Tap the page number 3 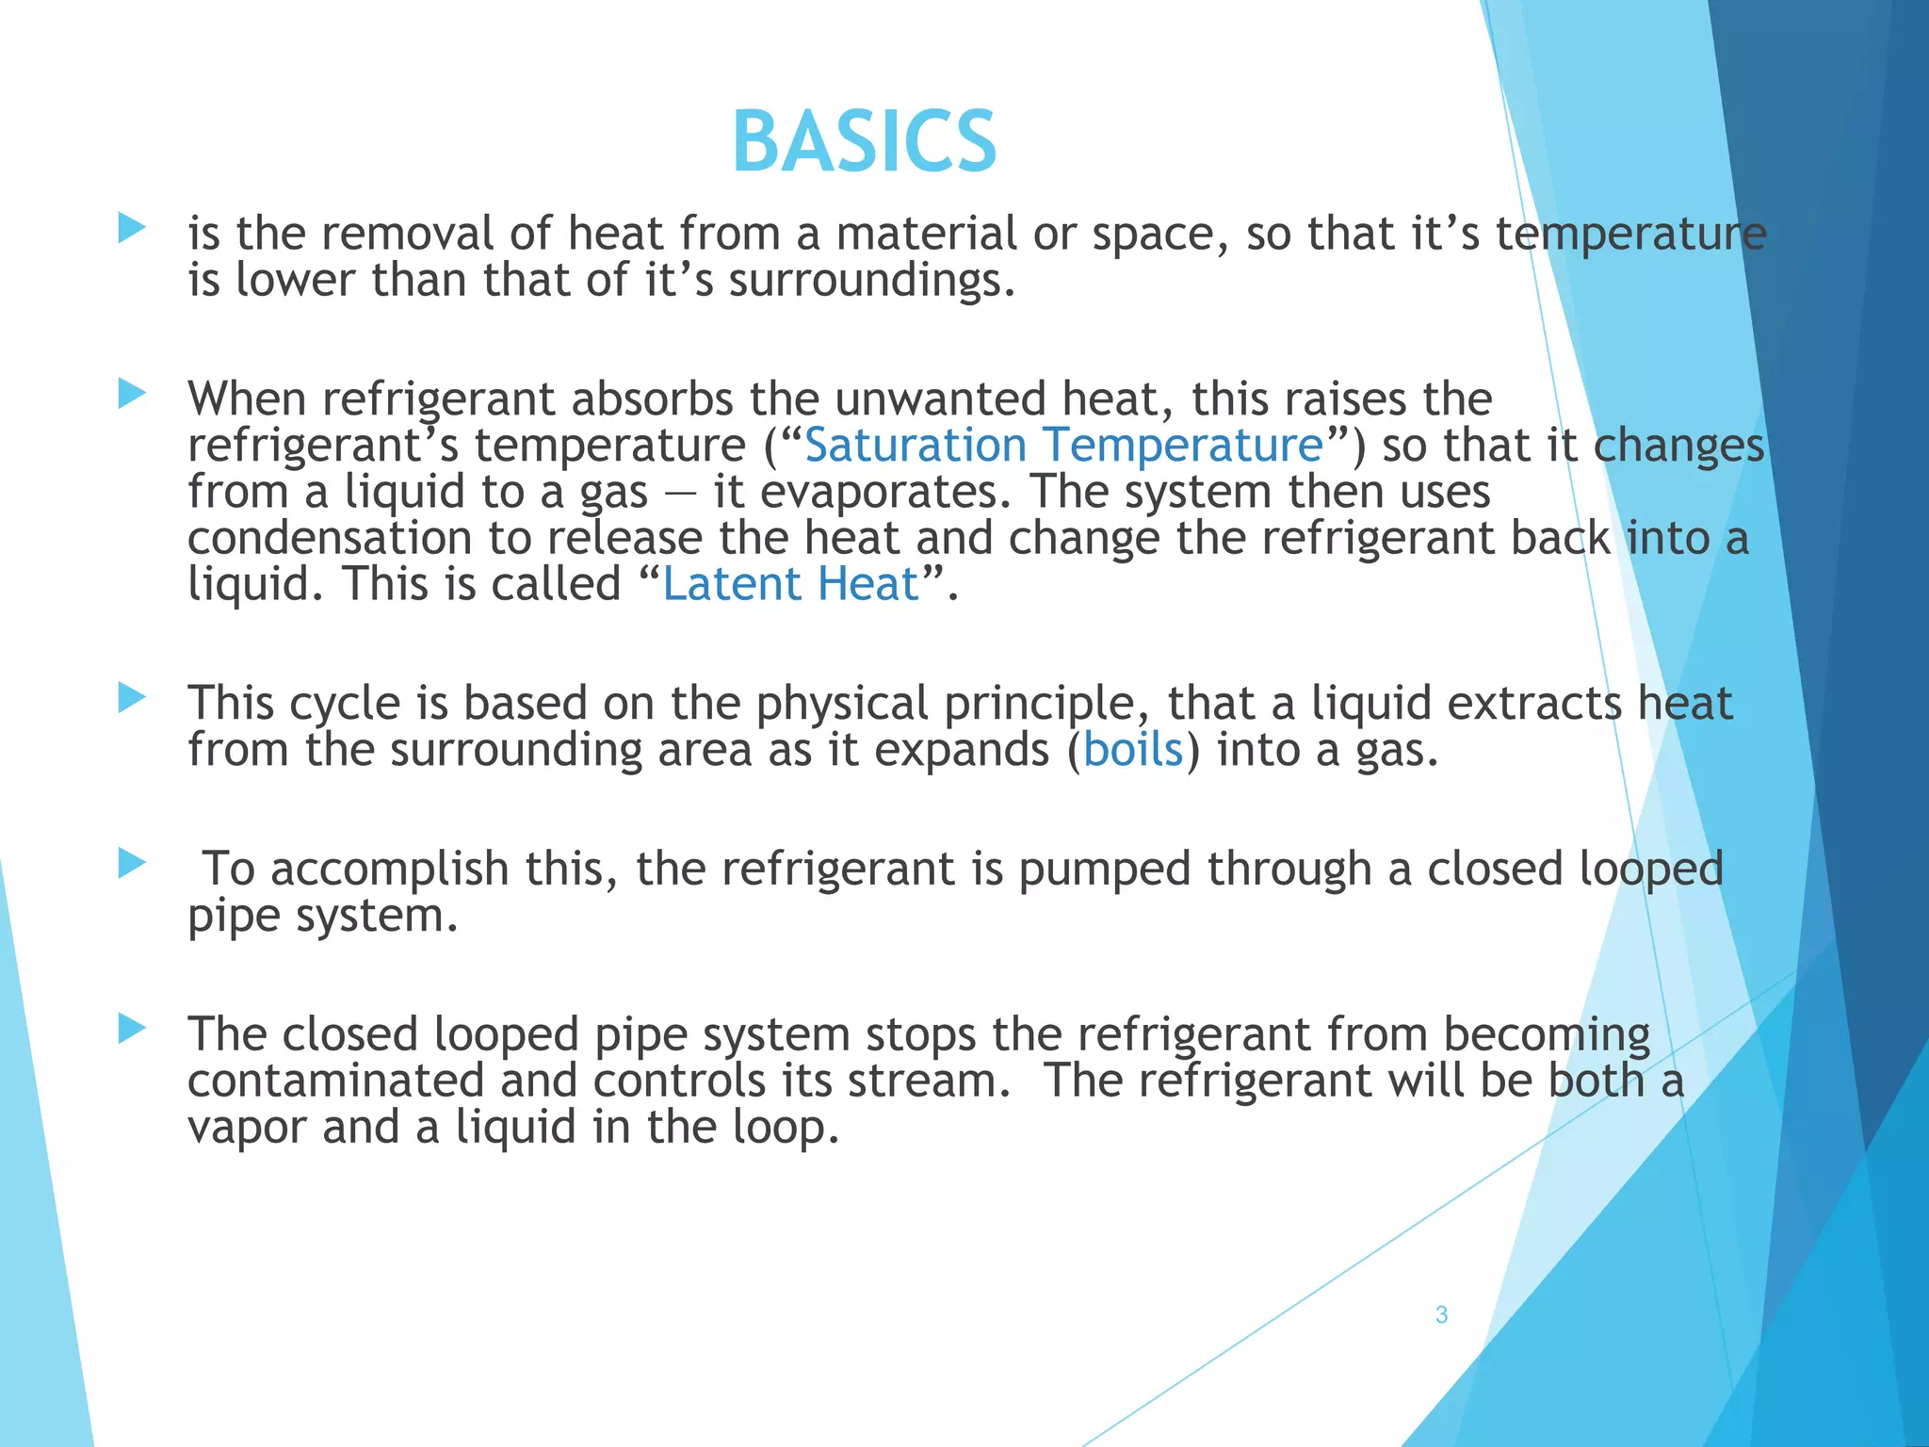tap(1441, 1315)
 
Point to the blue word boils tap(1133, 750)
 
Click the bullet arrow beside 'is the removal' tap(132, 228)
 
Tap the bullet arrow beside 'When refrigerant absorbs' tap(132, 394)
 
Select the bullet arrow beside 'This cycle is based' tap(132, 698)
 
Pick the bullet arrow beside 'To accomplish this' tap(132, 863)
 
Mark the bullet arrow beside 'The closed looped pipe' tap(132, 1029)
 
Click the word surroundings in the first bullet tap(871, 281)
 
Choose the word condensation tap(330, 538)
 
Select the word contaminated tap(335, 1081)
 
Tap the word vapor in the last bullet tap(247, 1128)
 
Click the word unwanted tap(940, 398)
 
